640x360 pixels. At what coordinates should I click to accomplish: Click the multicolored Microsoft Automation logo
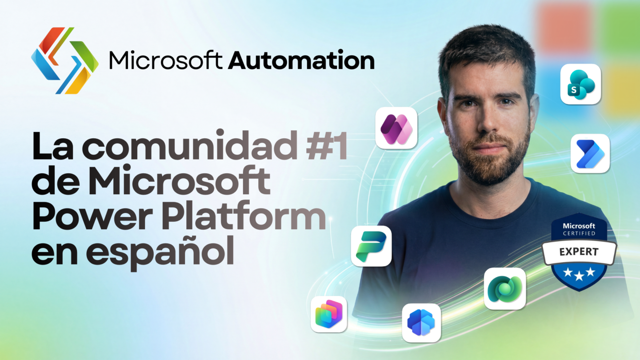tap(65, 60)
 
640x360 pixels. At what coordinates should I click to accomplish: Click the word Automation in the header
tap(301, 60)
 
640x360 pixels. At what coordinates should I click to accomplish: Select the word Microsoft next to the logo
tap(166, 60)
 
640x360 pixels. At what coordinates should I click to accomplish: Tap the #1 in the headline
tap(327, 145)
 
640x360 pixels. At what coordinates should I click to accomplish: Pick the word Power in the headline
tap(92, 216)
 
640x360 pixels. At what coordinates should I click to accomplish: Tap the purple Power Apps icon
tap(396, 128)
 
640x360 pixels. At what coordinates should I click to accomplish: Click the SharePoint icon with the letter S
tap(580, 84)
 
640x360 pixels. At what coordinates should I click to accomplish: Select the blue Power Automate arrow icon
tap(590, 153)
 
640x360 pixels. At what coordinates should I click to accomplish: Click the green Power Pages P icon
tap(371, 246)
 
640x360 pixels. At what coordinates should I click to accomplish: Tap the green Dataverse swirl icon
tap(505, 288)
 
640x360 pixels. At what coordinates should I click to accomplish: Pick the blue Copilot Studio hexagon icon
tap(421, 323)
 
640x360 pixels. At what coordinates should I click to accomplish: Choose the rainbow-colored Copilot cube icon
tap(329, 314)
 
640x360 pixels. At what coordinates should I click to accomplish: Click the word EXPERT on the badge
tap(579, 252)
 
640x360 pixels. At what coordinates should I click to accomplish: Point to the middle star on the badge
tap(579, 276)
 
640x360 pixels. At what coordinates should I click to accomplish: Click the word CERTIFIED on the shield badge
tap(579, 233)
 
